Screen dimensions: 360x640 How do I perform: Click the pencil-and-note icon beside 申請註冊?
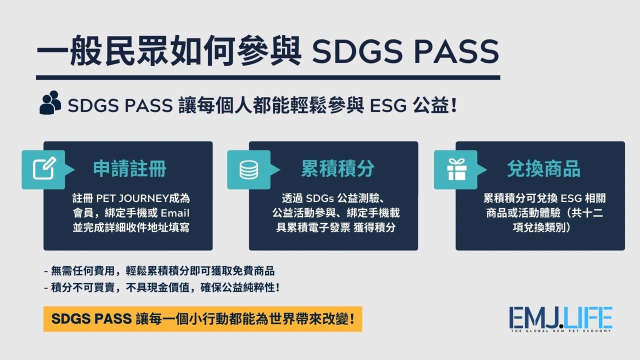43,169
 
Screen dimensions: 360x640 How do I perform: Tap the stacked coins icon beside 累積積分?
248,169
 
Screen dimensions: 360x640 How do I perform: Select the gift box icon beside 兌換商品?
455,169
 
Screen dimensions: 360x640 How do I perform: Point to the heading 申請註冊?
129,169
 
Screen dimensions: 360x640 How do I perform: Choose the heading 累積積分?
337,169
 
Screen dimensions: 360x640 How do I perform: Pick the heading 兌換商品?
543,169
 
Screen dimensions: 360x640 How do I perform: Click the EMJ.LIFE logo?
560,318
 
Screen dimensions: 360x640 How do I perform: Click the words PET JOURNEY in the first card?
124,198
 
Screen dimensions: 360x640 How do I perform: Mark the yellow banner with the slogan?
202,318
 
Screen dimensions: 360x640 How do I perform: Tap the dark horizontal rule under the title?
268,77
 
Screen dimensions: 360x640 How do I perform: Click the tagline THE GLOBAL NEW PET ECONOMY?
560,331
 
